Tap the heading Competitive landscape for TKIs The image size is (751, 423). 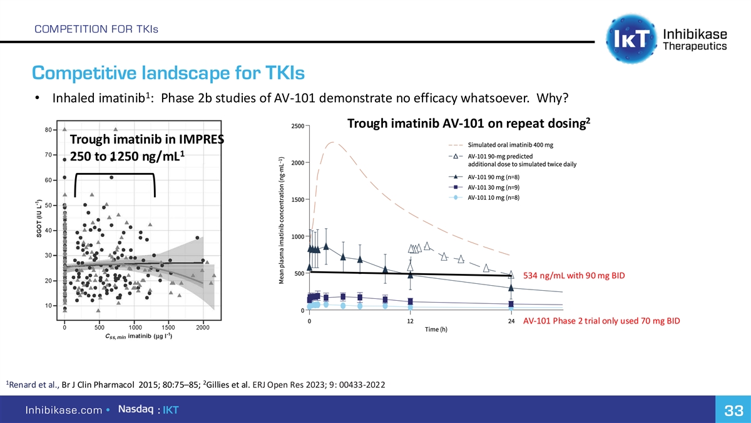[x=168, y=74]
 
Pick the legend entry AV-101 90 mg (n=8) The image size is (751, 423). [x=494, y=176]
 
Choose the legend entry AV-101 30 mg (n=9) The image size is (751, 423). [x=494, y=187]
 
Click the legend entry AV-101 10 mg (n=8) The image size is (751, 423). [x=494, y=197]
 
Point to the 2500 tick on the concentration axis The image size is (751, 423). [x=297, y=126]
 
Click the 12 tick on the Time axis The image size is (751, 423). [x=410, y=321]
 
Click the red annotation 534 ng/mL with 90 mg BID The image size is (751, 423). [x=574, y=276]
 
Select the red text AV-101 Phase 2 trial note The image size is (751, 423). [x=601, y=321]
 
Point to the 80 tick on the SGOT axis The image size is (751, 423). [x=48, y=130]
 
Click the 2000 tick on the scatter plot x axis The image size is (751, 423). [x=203, y=327]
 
